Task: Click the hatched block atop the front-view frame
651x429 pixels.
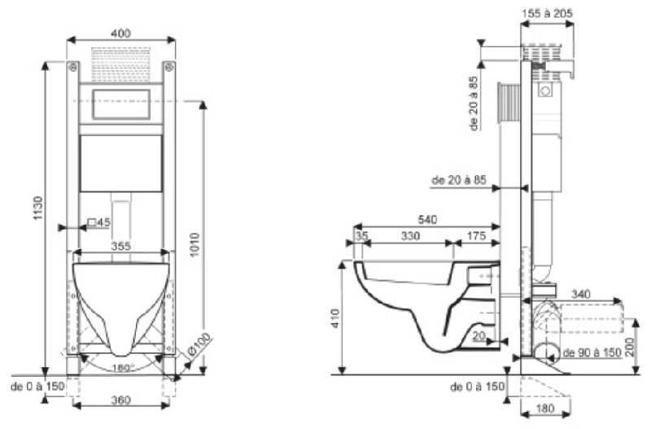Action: (x=122, y=59)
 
